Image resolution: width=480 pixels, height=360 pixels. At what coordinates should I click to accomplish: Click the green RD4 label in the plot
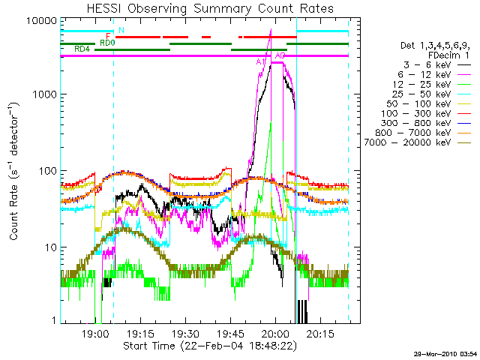tap(82, 49)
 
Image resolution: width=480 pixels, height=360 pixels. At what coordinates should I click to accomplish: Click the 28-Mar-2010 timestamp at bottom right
tap(446, 353)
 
